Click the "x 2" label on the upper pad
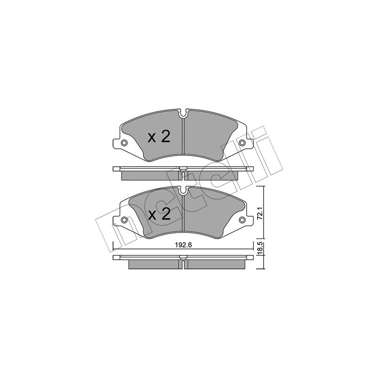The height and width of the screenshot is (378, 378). click(159, 137)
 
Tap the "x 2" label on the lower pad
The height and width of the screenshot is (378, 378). click(159, 215)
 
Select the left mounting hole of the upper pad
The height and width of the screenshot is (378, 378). click(124, 144)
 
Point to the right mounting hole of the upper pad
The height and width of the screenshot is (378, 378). click(242, 144)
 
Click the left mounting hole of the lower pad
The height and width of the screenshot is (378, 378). click(124, 220)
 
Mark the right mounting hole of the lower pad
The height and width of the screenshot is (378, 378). click(242, 220)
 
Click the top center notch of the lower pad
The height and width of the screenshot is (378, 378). click(184, 191)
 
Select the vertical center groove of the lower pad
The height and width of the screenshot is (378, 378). click(184, 215)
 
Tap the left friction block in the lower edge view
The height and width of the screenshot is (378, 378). click(154, 264)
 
